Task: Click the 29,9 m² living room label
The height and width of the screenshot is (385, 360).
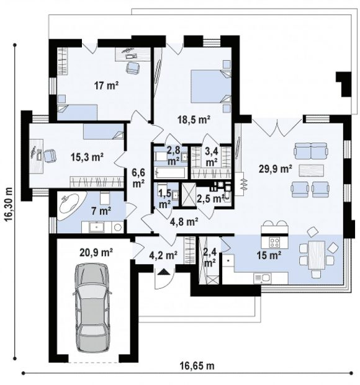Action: [275, 169]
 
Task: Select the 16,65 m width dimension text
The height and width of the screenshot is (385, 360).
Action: [197, 366]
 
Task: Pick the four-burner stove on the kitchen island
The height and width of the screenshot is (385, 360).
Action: [274, 242]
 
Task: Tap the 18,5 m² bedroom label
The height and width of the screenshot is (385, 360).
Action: [194, 120]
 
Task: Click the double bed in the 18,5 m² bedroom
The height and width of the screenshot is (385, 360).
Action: [211, 86]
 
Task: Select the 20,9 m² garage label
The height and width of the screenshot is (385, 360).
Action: [96, 252]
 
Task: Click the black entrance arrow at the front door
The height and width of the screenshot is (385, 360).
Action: [163, 272]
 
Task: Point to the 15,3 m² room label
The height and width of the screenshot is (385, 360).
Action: [87, 157]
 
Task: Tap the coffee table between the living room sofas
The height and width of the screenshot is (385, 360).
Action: [311, 170]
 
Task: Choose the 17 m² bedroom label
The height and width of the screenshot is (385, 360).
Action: [106, 86]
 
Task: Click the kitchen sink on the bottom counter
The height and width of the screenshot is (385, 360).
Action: [262, 278]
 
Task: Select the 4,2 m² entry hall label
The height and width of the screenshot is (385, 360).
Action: [163, 255]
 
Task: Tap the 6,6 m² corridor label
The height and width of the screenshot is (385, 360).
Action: [138, 178]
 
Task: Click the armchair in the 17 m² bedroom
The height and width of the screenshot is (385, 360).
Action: [133, 68]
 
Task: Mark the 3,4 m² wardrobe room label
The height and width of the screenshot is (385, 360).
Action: [211, 157]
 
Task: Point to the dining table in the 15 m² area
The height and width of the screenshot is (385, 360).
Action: [316, 255]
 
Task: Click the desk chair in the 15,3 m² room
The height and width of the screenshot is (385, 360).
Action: [50, 156]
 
